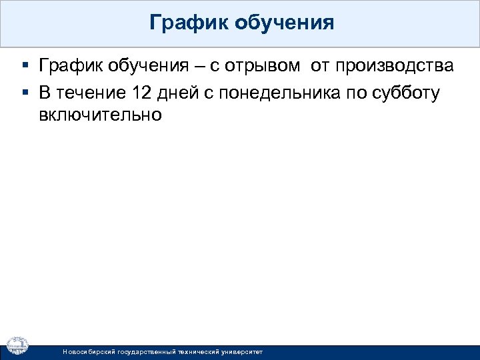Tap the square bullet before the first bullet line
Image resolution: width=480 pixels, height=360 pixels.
[x=25, y=67]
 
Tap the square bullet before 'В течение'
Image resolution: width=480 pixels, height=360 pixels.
[x=25, y=93]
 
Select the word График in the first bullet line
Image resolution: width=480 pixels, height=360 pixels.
[x=68, y=66]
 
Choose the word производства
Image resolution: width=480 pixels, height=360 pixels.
[x=395, y=67]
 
